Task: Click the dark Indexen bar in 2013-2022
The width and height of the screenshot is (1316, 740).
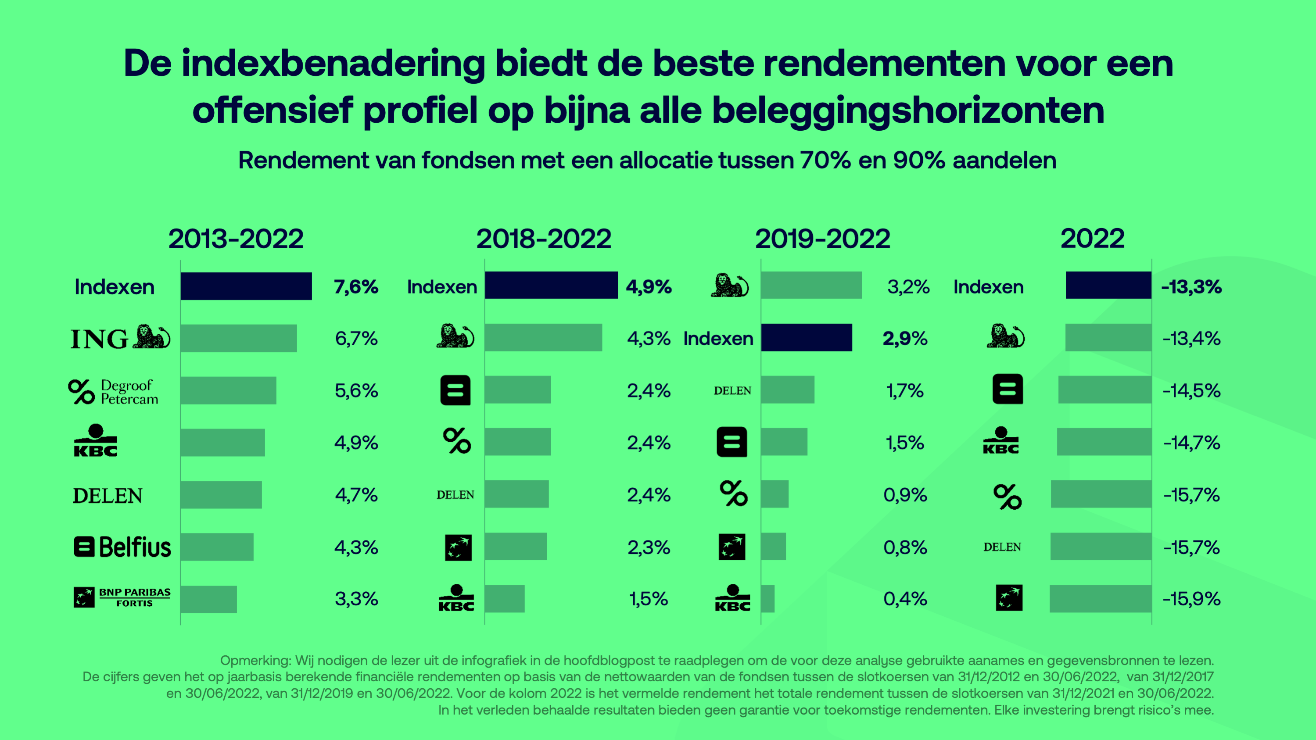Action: [246, 286]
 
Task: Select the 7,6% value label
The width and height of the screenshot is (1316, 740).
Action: [356, 286]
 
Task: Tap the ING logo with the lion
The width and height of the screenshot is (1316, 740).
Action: [121, 338]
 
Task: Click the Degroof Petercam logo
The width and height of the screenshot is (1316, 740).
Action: [113, 392]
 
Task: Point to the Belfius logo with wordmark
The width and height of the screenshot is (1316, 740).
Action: [122, 547]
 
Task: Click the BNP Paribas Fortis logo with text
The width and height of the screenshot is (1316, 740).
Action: [122, 597]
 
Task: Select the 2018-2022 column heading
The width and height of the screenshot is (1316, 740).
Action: [544, 239]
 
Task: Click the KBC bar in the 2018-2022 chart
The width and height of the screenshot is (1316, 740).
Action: [505, 599]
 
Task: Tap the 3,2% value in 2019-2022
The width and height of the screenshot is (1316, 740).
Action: [908, 286]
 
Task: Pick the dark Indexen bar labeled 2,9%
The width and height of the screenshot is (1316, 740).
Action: [806, 338]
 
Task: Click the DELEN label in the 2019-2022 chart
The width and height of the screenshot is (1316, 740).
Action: [732, 391]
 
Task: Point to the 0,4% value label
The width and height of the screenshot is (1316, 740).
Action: [905, 599]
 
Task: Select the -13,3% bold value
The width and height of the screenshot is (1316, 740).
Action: [1191, 286]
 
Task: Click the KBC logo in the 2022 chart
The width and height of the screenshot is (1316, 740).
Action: [1001, 441]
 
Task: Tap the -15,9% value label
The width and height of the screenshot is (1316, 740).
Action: [1191, 599]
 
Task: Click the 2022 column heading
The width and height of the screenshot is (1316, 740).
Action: [1092, 239]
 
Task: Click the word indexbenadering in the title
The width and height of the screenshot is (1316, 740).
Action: [333, 64]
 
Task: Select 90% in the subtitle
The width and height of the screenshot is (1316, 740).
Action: [918, 161]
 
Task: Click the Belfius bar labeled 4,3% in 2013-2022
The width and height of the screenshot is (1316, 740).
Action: [217, 547]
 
